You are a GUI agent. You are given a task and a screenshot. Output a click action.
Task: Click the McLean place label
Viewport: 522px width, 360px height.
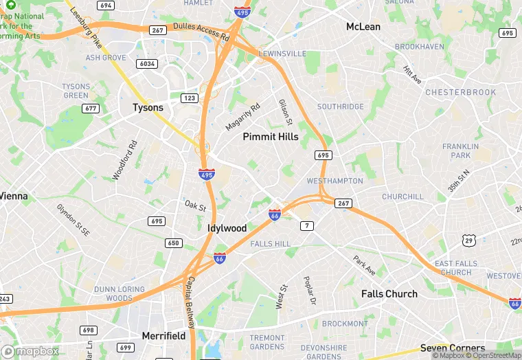coord(363,27)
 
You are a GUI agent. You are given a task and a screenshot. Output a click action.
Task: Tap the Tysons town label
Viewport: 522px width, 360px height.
coord(148,108)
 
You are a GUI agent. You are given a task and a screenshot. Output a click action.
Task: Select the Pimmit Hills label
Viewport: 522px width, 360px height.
coord(271,137)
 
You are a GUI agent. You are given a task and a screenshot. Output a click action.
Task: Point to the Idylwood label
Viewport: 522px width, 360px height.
coord(227,228)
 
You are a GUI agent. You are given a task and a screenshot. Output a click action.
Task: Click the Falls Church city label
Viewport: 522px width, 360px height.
coord(389,294)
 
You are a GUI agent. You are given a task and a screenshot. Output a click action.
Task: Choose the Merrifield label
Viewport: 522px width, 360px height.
coord(163,336)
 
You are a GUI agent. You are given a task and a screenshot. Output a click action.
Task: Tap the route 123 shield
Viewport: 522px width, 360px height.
coord(190,98)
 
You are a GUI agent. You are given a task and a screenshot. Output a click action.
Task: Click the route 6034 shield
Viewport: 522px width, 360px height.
coord(147,64)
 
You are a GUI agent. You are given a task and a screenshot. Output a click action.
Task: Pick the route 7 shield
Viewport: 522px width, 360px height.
coord(306,225)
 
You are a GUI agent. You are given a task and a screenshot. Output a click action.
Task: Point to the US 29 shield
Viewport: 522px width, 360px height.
coord(468,240)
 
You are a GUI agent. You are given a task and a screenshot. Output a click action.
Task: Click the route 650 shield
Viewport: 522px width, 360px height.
coord(173,243)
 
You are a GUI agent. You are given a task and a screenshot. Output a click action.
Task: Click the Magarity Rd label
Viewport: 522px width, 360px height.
coord(243,117)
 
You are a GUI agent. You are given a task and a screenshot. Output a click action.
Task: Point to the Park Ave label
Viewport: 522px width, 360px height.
coord(365,267)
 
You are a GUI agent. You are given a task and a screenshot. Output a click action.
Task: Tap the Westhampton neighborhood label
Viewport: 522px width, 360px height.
coord(334,181)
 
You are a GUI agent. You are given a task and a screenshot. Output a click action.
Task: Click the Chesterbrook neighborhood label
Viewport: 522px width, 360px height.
coord(460,92)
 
